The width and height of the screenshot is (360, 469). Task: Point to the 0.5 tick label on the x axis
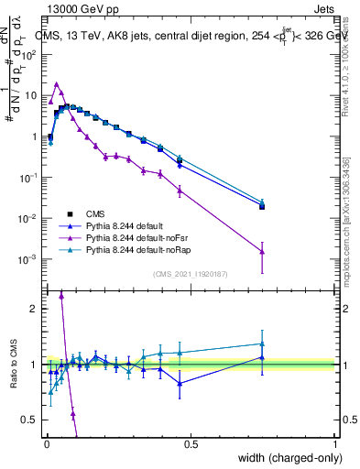[x=191, y=442]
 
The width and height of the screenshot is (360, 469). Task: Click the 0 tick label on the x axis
[x=46, y=442]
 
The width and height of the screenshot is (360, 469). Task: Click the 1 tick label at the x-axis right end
[x=335, y=442]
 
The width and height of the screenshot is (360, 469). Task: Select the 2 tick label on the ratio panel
[x=33, y=309]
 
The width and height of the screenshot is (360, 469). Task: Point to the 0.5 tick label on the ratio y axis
[x=30, y=420]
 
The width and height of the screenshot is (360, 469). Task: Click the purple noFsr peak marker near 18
[x=56, y=83]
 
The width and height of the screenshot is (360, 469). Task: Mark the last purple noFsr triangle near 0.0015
[x=262, y=252]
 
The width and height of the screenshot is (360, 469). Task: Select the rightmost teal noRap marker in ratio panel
[x=262, y=344]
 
